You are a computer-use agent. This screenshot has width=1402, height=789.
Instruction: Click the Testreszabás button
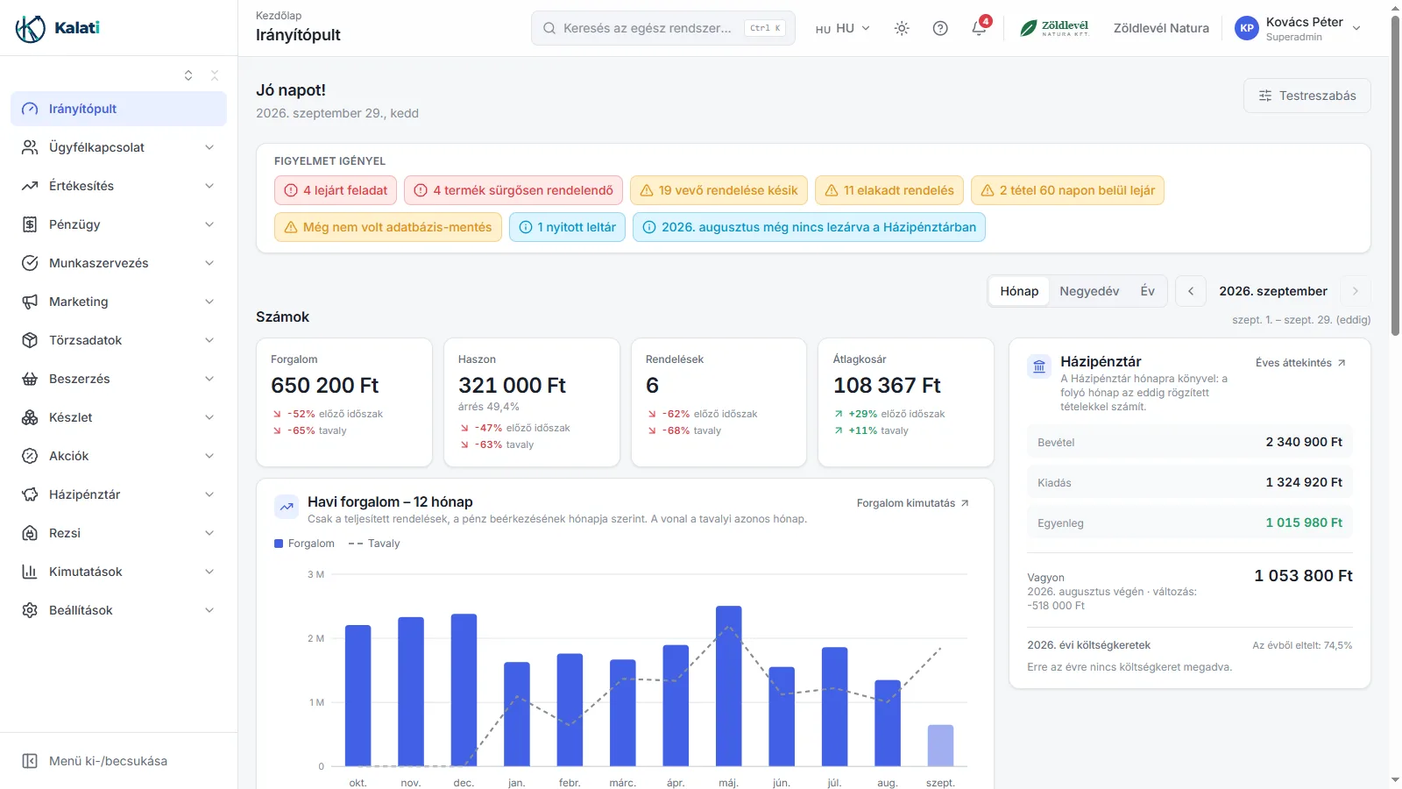(x=1306, y=96)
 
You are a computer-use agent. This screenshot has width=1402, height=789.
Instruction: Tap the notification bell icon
(x=979, y=28)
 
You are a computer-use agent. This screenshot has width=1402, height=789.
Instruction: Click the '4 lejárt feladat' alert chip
(x=336, y=190)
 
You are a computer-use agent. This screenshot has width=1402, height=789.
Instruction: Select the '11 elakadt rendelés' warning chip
(x=889, y=190)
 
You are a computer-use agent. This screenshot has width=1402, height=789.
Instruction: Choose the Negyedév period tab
(x=1089, y=291)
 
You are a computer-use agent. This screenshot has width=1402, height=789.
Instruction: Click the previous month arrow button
(x=1191, y=291)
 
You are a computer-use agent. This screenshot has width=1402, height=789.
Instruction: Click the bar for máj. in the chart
(x=728, y=686)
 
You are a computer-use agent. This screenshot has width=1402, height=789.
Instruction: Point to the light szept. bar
(x=940, y=745)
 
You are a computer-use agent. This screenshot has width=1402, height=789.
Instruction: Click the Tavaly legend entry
(x=373, y=544)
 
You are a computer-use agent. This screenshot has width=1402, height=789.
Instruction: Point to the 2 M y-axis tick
(x=316, y=638)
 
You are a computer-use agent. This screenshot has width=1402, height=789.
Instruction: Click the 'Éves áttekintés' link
(x=1300, y=363)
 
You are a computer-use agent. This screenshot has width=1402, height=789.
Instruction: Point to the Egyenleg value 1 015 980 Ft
(x=1304, y=522)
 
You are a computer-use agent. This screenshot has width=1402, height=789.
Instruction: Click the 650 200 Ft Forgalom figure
(x=324, y=385)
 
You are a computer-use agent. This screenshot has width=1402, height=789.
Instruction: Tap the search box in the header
(x=662, y=28)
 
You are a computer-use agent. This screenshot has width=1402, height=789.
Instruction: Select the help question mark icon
(x=940, y=28)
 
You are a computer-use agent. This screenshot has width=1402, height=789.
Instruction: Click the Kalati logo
(x=58, y=27)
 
